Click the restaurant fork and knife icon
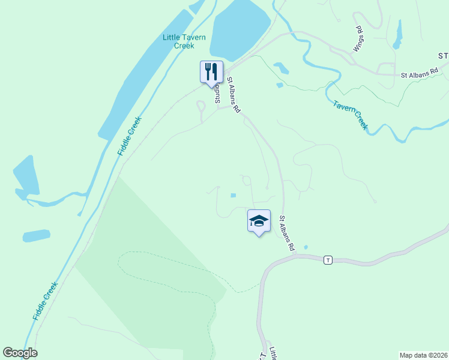211,71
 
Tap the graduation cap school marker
259,221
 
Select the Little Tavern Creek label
184,41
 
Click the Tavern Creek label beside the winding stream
350,114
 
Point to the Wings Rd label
358,38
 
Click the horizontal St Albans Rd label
421,76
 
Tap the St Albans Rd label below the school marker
288,233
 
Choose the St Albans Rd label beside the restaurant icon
234,95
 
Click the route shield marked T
327,260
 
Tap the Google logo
20,353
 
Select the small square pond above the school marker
234,195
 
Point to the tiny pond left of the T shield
306,247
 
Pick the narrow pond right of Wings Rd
397,35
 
